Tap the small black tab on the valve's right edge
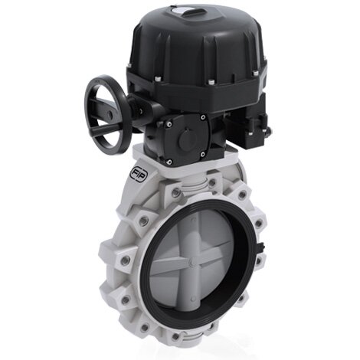264,247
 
